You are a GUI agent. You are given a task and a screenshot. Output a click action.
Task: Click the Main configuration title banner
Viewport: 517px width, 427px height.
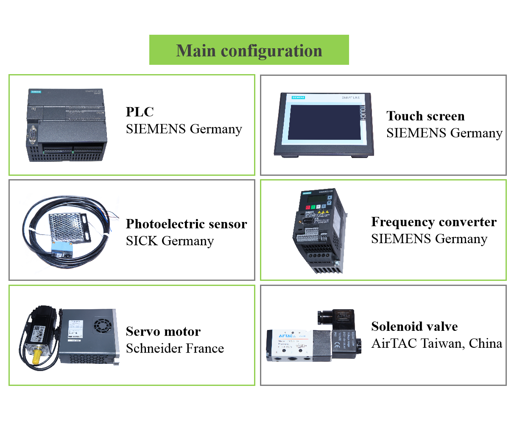249,50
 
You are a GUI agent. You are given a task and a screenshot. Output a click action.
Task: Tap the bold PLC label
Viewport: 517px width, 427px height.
140,112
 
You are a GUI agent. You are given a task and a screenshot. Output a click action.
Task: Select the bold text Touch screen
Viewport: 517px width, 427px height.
425,116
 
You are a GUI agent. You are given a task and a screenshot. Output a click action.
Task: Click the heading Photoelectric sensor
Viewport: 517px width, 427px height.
186,224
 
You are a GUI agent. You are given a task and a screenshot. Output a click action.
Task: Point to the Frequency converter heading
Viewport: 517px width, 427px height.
433,222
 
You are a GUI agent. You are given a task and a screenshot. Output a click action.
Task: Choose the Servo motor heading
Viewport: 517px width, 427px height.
163,331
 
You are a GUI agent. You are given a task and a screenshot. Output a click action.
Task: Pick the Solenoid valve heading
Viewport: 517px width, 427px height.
414,327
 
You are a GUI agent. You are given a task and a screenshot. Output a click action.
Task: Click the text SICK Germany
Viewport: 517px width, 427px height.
170,241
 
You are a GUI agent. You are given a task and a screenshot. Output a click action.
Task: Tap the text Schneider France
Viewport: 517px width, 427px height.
175,348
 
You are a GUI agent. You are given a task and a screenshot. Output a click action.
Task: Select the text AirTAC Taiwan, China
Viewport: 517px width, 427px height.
436,343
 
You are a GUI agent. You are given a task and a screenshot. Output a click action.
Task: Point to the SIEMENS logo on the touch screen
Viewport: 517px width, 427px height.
299,98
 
